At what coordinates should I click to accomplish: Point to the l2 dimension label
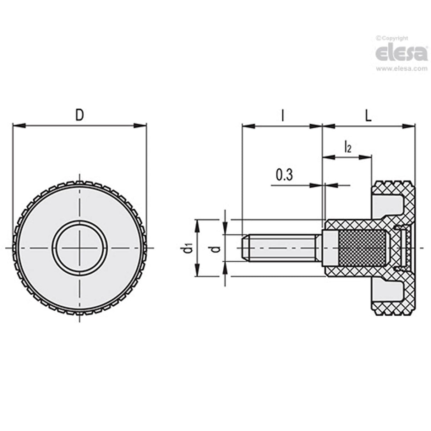pos(347,147)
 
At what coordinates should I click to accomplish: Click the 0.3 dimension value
pos(284,175)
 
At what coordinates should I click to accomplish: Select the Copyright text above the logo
pos(392,38)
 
